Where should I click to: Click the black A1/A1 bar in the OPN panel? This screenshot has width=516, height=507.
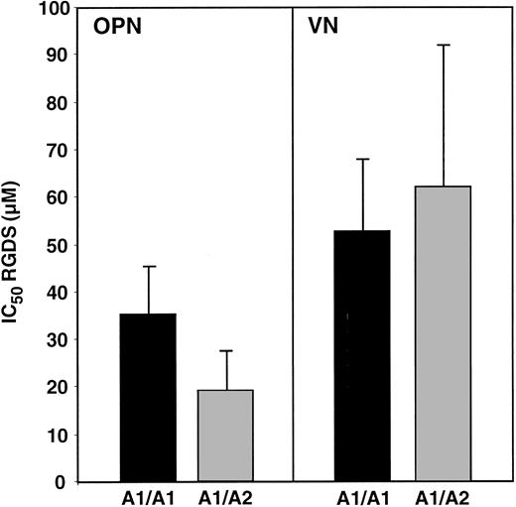[x=148, y=397]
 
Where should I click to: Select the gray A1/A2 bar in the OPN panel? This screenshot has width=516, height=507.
[x=224, y=436]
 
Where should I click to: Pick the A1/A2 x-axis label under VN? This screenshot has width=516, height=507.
[x=442, y=498]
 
